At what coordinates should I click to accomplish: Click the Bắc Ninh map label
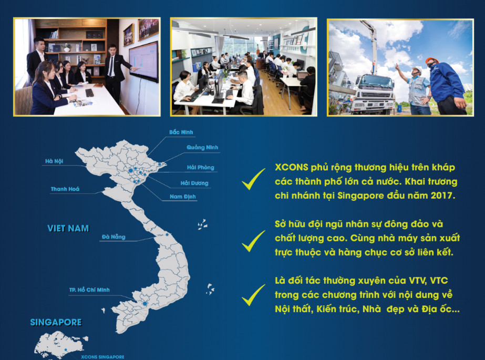tap(181, 132)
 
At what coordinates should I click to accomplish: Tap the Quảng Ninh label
tap(202, 148)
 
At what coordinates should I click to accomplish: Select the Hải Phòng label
tap(200, 167)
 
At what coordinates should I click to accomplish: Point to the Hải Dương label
tap(194, 183)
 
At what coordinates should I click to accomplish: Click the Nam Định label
tap(182, 197)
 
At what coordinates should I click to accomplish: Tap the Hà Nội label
tap(54, 161)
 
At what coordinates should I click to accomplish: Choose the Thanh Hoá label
tap(65, 189)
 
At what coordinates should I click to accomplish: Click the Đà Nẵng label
tap(113, 237)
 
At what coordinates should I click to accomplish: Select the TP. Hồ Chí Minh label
tap(89, 290)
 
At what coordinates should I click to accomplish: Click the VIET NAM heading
tap(68, 228)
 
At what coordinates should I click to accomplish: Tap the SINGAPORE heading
tap(56, 322)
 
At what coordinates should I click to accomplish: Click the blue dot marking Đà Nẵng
tap(167, 235)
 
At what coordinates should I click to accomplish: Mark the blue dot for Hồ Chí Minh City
tap(145, 304)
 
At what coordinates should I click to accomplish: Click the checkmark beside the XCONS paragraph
tap(253, 180)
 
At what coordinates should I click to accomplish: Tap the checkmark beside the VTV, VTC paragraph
tap(253, 295)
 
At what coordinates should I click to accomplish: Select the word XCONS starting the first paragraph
tap(292, 167)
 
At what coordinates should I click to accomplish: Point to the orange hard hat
tap(432, 60)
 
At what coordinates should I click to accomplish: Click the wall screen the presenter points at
tap(143, 61)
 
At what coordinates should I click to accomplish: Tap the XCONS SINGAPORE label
tap(102, 357)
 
